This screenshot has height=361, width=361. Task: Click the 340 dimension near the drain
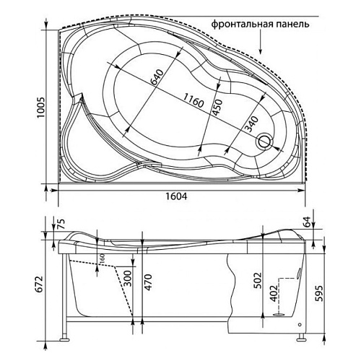[x=249, y=124]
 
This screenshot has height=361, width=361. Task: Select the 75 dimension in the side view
[x=60, y=224]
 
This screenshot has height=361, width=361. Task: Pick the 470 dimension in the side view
[x=149, y=278]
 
